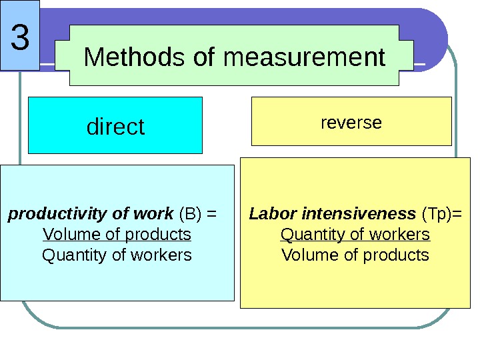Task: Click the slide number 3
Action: [x=21, y=39]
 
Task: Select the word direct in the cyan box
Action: [x=115, y=126]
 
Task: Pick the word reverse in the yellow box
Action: [x=351, y=123]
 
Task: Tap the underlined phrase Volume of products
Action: [x=117, y=235]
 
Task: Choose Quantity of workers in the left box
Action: [x=117, y=255]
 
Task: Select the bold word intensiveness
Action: [x=359, y=214]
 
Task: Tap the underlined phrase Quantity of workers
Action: [x=355, y=235]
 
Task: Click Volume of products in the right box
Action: [x=355, y=255]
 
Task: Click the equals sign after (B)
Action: [x=212, y=214]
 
